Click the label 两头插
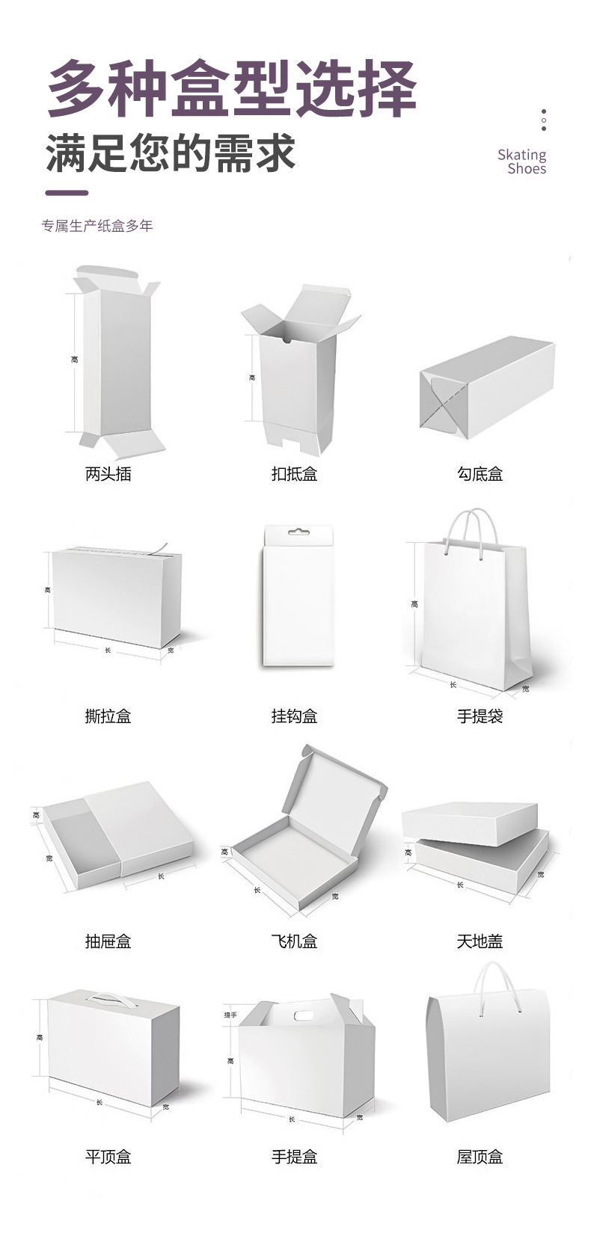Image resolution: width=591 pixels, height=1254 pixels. coord(108,473)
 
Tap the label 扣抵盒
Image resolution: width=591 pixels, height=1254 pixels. coord(294,473)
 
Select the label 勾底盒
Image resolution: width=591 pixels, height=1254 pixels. coord(480,473)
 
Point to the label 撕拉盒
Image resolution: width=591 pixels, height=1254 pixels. coord(108,716)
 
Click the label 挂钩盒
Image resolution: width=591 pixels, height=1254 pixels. coord(294,716)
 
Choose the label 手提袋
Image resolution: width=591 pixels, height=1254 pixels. coord(480,716)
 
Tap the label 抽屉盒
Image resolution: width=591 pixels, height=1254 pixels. coord(108,941)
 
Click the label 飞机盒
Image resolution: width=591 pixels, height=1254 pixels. coord(294,941)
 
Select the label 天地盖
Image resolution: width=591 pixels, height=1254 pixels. coord(480,941)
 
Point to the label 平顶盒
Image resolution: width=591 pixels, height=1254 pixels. coord(108,1157)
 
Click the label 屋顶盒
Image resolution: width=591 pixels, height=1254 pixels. coord(480,1157)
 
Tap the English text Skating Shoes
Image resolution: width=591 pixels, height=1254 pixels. coord(522,162)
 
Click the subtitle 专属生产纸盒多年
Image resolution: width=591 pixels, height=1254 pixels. coord(97,226)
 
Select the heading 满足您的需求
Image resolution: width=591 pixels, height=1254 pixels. coord(171,154)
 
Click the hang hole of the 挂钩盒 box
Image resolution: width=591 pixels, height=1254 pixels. coord(298,532)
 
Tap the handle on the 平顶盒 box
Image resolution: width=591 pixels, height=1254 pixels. coord(107,997)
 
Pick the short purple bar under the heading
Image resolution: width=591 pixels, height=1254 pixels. coord(67,193)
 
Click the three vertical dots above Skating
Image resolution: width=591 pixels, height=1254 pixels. coord(544,120)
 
